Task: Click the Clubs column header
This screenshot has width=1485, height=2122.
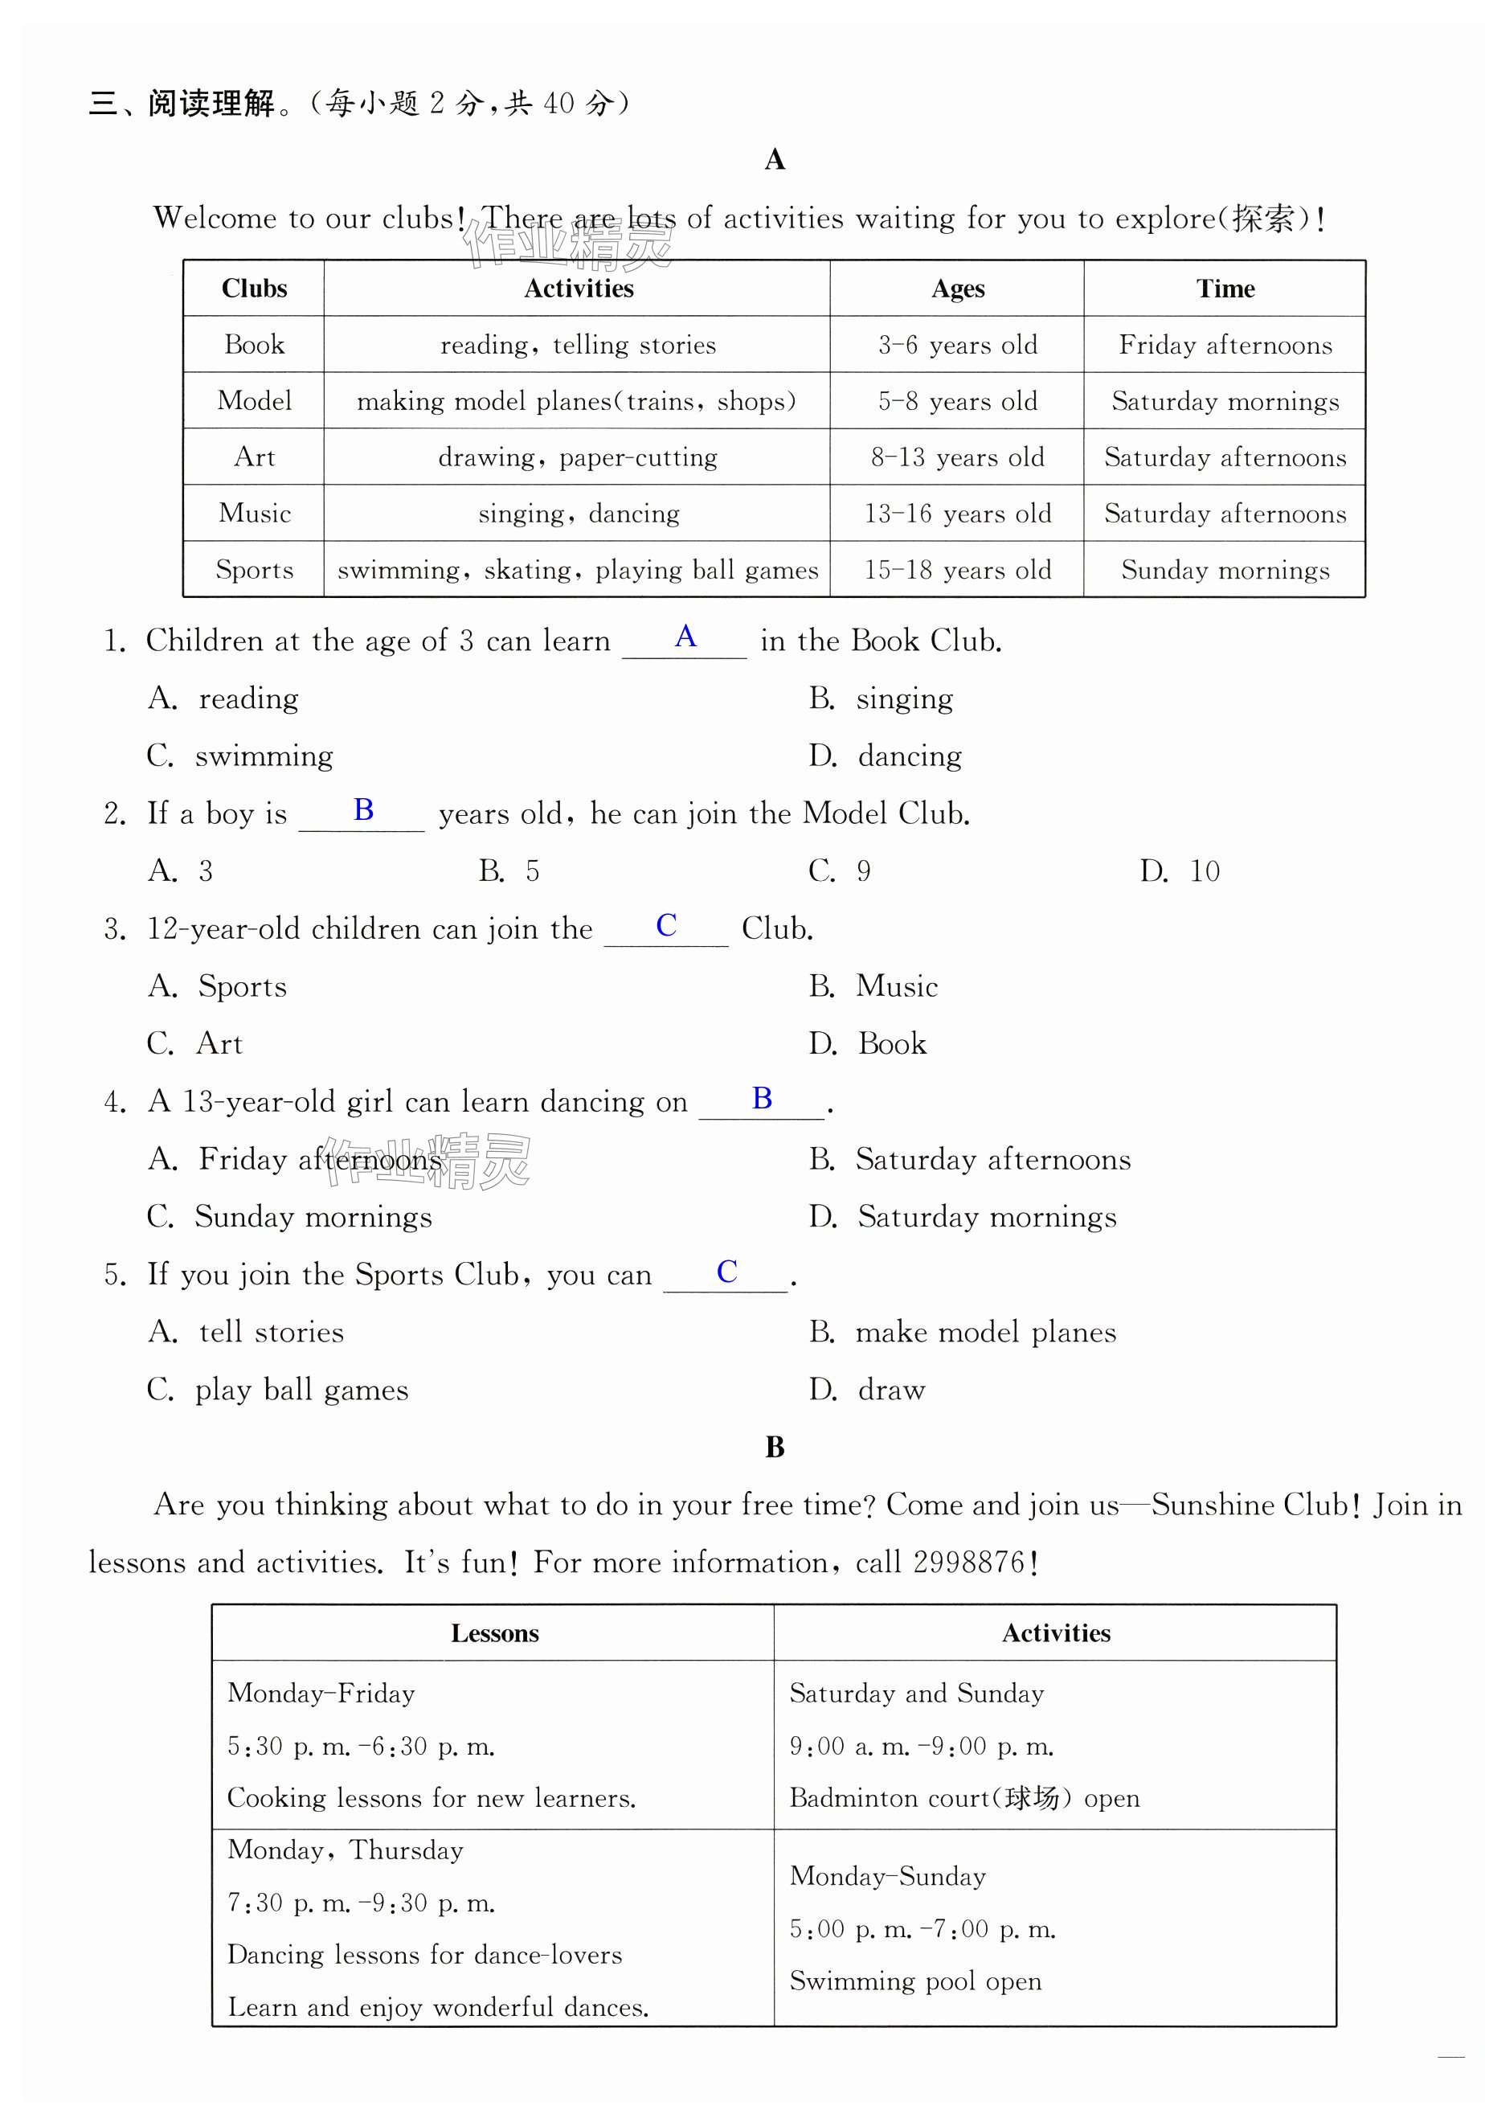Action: [x=254, y=289]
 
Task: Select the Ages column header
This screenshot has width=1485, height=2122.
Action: [x=957, y=289]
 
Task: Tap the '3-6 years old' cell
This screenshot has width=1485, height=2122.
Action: [x=957, y=345]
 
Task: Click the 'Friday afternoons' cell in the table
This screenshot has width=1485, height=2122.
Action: [x=1225, y=345]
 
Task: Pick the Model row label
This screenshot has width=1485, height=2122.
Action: [x=254, y=400]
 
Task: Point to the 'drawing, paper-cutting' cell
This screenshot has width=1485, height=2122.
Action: [x=578, y=457]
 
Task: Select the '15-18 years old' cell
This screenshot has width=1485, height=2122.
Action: [x=957, y=569]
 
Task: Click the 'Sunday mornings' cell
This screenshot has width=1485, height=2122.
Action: [x=1225, y=569]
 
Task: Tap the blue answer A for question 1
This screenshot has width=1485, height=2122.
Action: [x=685, y=636]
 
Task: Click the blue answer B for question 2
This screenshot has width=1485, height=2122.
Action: [x=363, y=809]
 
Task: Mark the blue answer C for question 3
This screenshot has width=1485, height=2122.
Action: [x=665, y=925]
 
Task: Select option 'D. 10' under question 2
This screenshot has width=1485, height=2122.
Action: [x=1179, y=871]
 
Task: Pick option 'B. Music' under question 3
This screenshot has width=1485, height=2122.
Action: [x=873, y=986]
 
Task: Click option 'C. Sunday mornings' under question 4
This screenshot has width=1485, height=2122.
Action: [x=289, y=1216]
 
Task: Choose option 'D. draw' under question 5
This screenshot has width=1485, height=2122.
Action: [x=867, y=1389]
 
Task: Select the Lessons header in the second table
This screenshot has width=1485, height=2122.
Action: [x=494, y=1633]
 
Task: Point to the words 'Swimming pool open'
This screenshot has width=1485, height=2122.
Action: [x=914, y=1981]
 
